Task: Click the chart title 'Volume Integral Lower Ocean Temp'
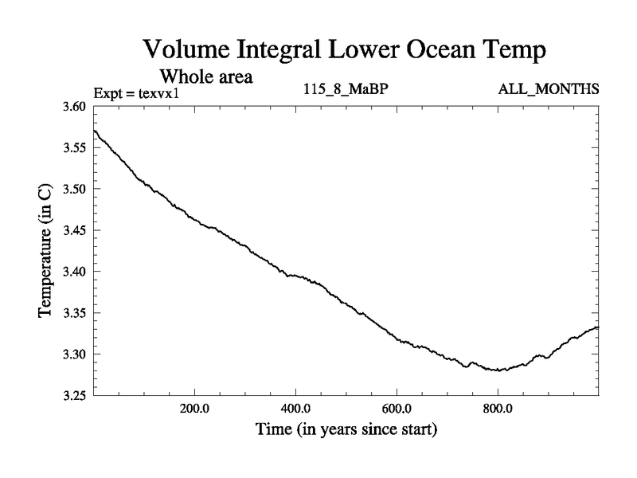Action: point(344,50)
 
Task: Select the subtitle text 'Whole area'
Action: point(207,77)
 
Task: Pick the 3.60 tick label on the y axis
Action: point(78,107)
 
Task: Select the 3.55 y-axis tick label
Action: point(78,148)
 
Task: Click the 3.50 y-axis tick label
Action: point(78,189)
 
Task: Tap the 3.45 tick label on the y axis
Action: point(78,230)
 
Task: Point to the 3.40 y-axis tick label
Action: point(78,272)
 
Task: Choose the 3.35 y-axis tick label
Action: point(78,312)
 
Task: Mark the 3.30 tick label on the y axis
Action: point(78,354)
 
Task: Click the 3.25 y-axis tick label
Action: point(78,395)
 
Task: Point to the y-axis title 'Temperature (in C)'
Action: point(46,251)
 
